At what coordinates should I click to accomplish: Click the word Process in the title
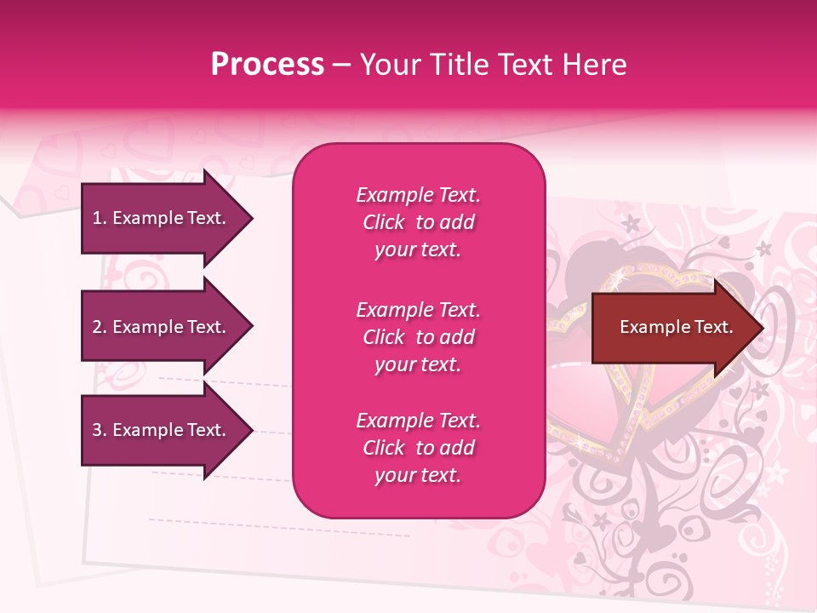(267, 64)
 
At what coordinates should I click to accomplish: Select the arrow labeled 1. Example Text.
(162, 218)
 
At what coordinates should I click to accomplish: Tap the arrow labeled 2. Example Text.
(162, 327)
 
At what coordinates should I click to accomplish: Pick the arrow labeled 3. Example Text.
(162, 430)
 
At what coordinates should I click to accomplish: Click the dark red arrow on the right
(672, 327)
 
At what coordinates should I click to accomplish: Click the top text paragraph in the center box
(418, 222)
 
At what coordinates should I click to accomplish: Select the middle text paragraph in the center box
(418, 337)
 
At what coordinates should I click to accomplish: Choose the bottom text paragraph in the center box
(418, 448)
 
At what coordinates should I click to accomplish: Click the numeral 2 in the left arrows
(96, 327)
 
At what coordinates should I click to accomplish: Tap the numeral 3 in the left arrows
(96, 430)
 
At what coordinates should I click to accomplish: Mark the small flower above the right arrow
(631, 224)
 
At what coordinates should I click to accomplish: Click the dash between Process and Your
(341, 65)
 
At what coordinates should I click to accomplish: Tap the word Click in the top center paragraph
(384, 222)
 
